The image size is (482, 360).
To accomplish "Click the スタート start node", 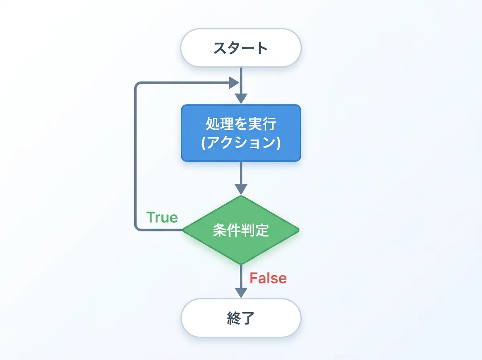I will [241, 48].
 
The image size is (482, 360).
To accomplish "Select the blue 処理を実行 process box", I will [241, 133].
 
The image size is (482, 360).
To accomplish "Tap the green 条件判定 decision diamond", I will [241, 231].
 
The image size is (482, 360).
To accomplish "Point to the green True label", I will [162, 217].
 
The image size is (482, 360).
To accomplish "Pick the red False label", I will [268, 278].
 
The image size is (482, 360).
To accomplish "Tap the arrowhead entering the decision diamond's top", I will [241, 189].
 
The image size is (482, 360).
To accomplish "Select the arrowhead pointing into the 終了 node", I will [241, 292].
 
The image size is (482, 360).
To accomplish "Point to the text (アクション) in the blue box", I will [241, 143].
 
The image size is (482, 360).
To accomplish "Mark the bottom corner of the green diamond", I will [241, 264].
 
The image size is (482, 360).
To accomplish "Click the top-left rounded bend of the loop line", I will [137, 85].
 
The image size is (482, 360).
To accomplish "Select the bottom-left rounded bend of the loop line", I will [137, 228].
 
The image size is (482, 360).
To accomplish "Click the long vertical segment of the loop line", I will [135, 157].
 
